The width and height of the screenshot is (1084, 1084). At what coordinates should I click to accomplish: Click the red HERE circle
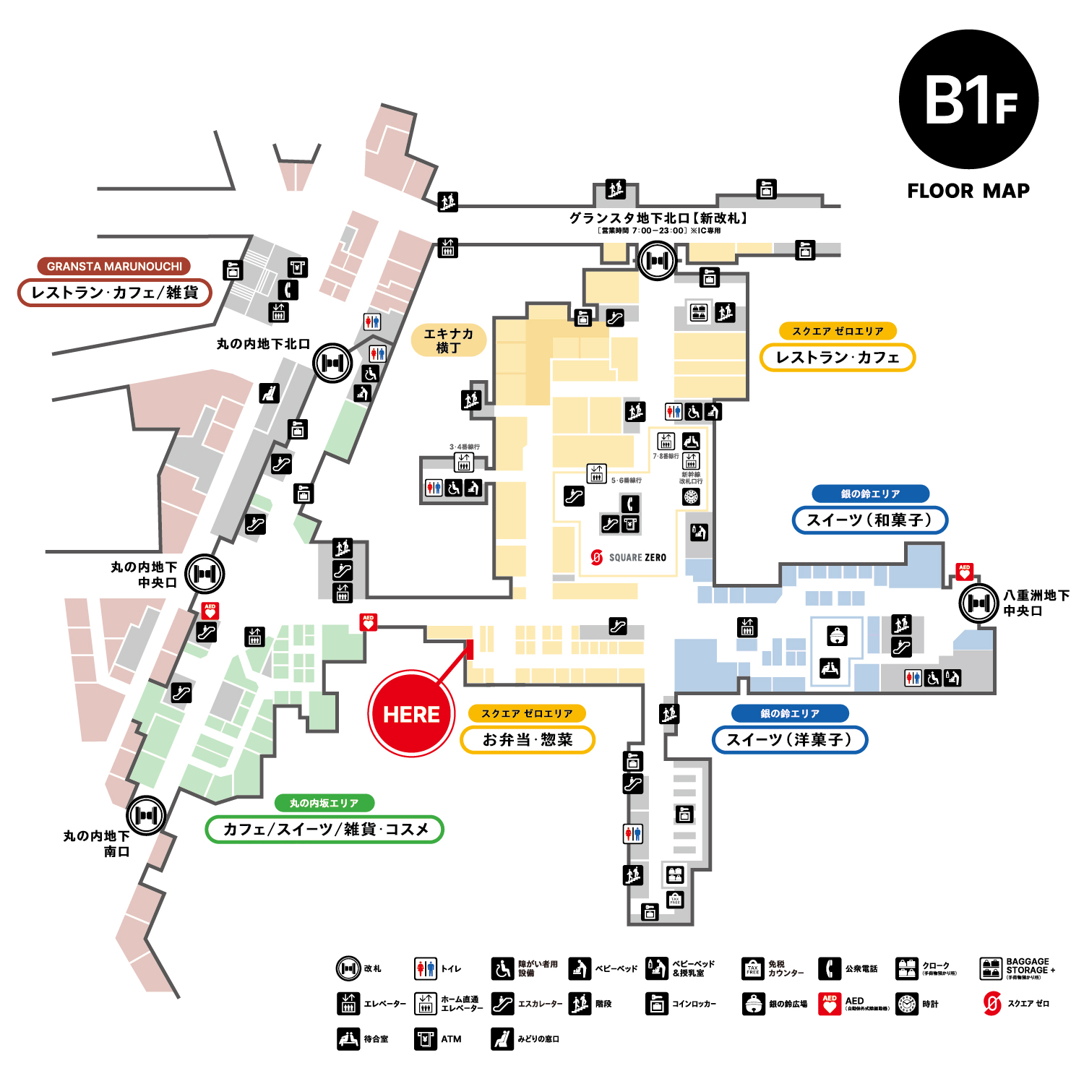point(411,714)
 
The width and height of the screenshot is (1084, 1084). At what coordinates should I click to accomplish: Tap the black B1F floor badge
point(968,100)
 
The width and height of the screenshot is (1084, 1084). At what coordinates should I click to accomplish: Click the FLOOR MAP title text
point(968,191)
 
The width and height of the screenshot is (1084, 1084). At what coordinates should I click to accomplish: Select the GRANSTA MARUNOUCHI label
point(114,266)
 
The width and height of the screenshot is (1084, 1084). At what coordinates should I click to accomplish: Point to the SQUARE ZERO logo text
point(637,557)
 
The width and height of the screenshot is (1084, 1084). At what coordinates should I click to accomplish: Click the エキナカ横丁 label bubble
point(448,340)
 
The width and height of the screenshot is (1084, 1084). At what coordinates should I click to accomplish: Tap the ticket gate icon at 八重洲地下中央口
point(978,602)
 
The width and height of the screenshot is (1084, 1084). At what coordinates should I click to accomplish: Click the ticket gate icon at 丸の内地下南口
point(146,815)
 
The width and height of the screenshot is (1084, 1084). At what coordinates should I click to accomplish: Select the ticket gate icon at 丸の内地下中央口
point(205,574)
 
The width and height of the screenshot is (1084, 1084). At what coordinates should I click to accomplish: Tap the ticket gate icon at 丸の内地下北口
point(332,363)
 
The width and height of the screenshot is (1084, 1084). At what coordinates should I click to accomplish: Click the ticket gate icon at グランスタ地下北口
point(657,260)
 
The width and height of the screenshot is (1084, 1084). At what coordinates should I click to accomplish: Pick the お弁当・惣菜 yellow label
point(528,739)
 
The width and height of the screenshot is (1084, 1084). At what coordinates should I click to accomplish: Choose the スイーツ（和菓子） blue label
point(869,520)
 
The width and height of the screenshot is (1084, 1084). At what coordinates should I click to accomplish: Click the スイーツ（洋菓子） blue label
point(789,739)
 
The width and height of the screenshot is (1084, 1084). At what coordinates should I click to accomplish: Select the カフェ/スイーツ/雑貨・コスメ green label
point(324,829)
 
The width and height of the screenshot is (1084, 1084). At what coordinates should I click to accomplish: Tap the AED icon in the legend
point(830,1004)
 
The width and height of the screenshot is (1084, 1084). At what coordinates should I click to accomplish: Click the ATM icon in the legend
point(426,1039)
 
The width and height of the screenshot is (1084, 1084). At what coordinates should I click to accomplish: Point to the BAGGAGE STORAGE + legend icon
point(991,968)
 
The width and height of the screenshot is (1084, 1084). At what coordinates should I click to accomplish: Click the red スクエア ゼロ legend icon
point(992,1004)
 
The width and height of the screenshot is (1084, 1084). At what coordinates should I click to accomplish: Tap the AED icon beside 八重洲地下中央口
point(964,572)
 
